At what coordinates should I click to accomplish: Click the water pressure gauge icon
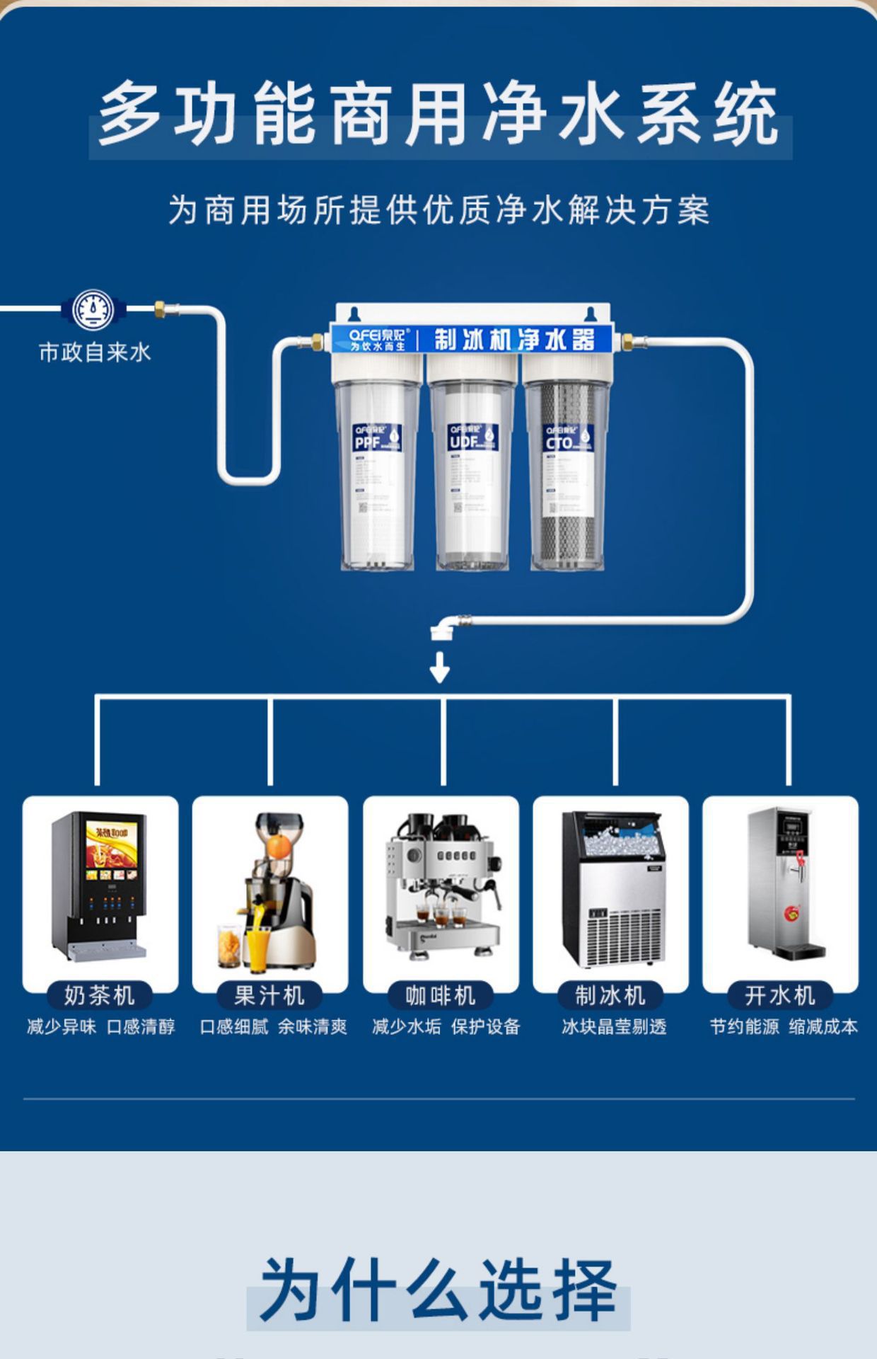click(93, 309)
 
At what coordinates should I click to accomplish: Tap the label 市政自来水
click(95, 352)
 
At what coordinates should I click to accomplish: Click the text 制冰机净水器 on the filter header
click(513, 340)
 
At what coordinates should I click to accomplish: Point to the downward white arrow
click(440, 667)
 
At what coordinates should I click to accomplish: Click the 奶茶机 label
click(100, 995)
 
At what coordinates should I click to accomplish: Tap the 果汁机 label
click(269, 995)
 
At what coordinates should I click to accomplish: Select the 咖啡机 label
click(440, 995)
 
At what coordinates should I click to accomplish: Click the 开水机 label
click(780, 995)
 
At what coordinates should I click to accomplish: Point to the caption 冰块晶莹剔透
click(614, 1026)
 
